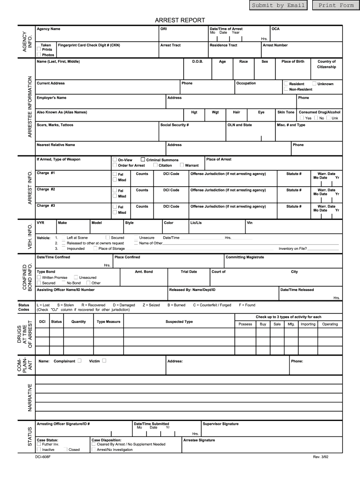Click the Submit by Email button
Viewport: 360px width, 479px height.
coord(278,6)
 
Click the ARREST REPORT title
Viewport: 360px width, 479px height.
coord(180,20)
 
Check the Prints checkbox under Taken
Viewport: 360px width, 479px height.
coord(39,49)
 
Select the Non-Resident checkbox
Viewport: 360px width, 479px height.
coord(286,89)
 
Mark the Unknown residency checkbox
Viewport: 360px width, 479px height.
coord(314,84)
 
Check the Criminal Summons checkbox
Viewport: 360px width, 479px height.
coord(143,160)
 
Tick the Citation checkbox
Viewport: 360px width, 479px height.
coord(155,165)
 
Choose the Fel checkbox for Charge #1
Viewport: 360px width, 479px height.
coord(115,174)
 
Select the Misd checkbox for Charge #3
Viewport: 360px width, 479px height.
coord(115,212)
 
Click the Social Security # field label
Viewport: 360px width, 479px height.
coord(174,125)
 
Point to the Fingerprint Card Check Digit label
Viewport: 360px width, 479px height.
coord(88,45)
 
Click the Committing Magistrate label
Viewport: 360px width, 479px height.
coord(245,257)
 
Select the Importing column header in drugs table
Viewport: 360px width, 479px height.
coord(308,324)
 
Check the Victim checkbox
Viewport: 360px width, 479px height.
coord(104,361)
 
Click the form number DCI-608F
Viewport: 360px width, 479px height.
coord(43,457)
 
